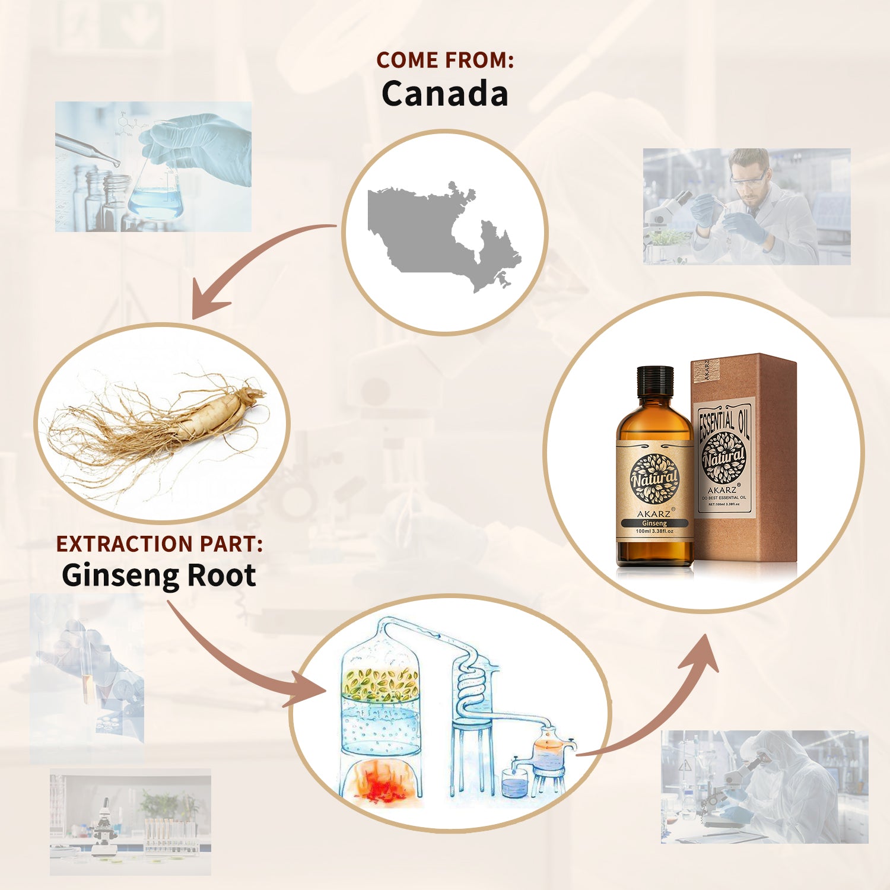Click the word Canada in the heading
[x=444, y=94]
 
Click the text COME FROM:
[x=444, y=60]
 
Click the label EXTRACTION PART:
[x=159, y=544]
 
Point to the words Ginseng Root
[x=159, y=576]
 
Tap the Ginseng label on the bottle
[x=654, y=523]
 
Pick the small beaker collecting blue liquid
[x=514, y=783]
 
